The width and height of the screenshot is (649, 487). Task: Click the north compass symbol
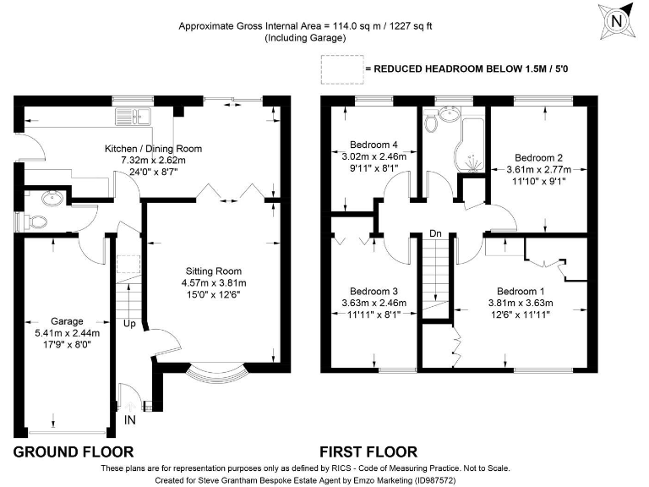pyautogui.click(x=616, y=21)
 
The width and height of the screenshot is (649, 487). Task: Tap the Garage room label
pyautogui.click(x=67, y=321)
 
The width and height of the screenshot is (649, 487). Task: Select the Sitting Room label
pyautogui.click(x=214, y=271)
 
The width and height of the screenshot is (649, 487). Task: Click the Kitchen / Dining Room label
pyautogui.click(x=153, y=149)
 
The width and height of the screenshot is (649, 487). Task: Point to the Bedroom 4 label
pyautogui.click(x=374, y=145)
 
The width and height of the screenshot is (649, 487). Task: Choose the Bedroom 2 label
pyautogui.click(x=538, y=158)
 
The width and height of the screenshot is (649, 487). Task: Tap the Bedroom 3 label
pyautogui.click(x=374, y=291)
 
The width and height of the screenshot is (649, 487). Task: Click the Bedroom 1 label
pyautogui.click(x=521, y=291)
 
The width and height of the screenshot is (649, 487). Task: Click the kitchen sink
pyautogui.click(x=134, y=116)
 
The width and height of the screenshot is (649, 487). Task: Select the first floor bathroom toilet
pyautogui.click(x=431, y=121)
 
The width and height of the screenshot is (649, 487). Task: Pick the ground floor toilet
pyautogui.click(x=35, y=222)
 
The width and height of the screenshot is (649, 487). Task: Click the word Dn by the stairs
pyautogui.click(x=435, y=233)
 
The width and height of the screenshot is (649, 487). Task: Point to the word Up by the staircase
pyautogui.click(x=129, y=324)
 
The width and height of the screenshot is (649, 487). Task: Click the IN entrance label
pyautogui.click(x=129, y=420)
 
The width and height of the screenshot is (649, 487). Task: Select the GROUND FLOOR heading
pyautogui.click(x=74, y=451)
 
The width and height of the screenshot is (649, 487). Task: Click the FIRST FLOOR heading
pyautogui.click(x=368, y=451)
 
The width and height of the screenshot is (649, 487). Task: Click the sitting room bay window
pyautogui.click(x=217, y=373)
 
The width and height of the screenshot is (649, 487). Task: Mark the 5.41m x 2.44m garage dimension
pyautogui.click(x=67, y=333)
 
